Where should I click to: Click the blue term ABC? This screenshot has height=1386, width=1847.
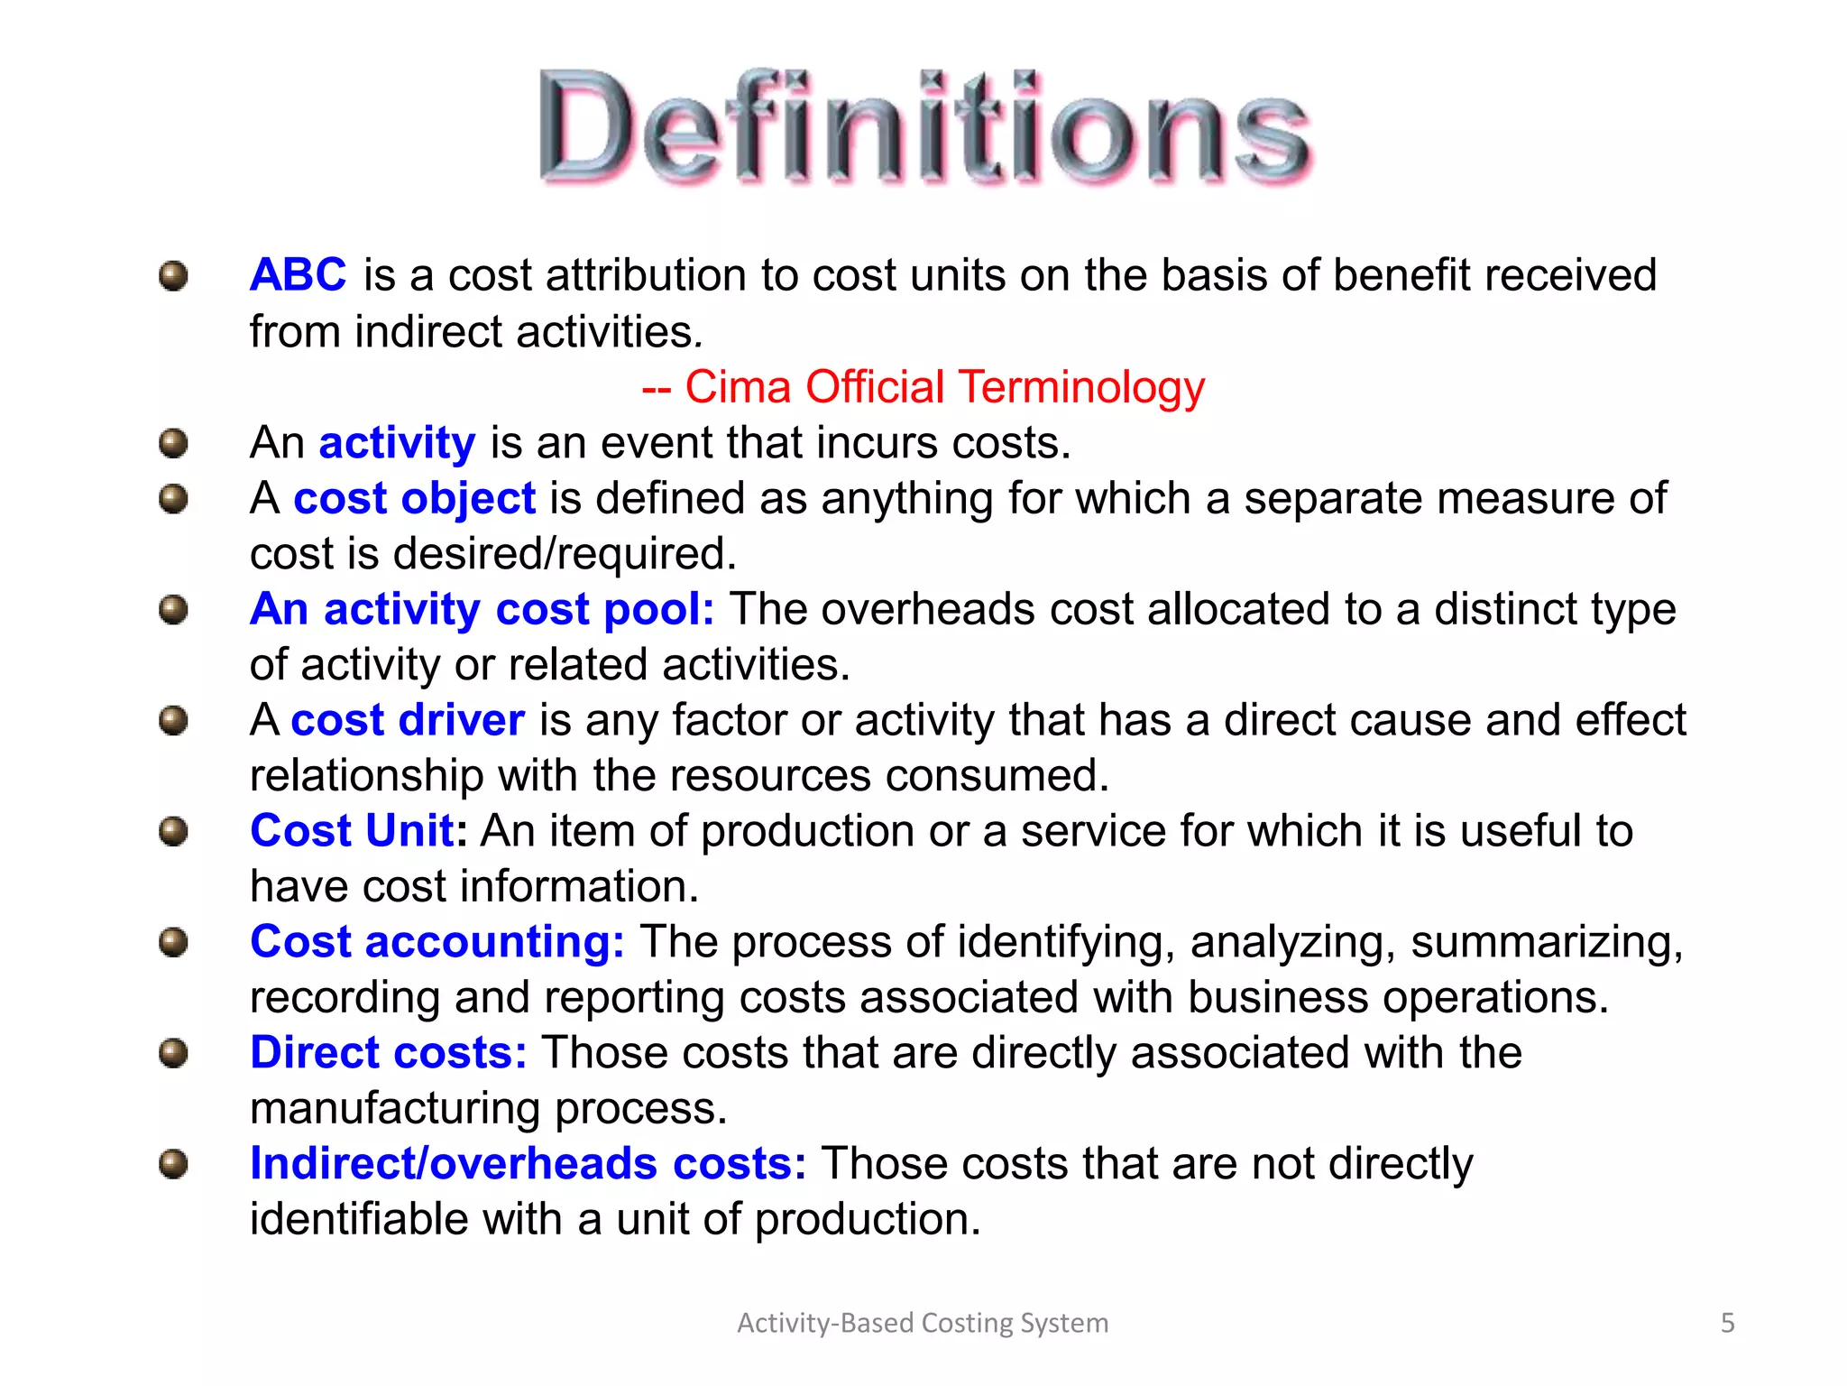pos(298,274)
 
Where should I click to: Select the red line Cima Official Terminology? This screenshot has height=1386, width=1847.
pos(923,387)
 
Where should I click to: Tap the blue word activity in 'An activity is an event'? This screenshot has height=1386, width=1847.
pos(397,443)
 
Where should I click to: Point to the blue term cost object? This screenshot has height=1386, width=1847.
pos(414,498)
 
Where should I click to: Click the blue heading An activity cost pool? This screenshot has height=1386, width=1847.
pos(482,609)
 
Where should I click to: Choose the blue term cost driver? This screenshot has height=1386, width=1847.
pos(408,720)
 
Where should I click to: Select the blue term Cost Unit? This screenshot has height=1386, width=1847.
pos(352,830)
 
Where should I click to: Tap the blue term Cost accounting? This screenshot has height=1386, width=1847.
pos(436,942)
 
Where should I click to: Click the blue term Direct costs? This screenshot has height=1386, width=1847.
pos(388,1053)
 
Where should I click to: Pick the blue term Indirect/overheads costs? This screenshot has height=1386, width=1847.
pos(528,1164)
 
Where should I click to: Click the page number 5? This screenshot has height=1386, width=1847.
pos(1727,1323)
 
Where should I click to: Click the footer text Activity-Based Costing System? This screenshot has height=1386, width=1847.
pos(923,1323)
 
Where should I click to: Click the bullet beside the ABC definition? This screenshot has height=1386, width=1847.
pos(173,275)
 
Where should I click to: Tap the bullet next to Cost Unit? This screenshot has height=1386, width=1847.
pos(173,831)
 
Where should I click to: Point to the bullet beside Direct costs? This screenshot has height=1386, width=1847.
pos(173,1053)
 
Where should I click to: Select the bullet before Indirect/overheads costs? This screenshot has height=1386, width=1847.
pos(173,1164)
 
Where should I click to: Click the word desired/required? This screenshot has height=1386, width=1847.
pos(565,554)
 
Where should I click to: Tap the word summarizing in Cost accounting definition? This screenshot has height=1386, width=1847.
pos(1546,942)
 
